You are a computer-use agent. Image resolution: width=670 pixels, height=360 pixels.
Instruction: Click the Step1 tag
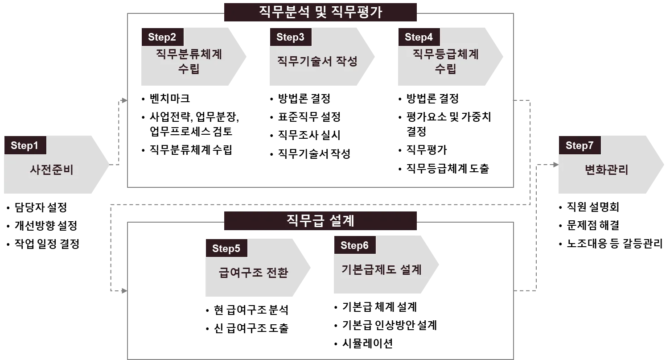coord(25,145)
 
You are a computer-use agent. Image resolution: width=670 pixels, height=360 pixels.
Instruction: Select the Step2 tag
coord(162,37)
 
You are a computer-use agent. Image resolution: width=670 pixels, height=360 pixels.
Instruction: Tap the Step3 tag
coord(290,37)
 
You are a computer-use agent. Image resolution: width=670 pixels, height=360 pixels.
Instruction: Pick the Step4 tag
coord(419,37)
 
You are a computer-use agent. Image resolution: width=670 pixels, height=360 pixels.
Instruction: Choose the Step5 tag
coord(226,248)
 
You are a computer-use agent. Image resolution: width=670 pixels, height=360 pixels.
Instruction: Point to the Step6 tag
coord(354,245)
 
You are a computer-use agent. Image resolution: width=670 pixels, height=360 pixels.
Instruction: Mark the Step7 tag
coord(580,145)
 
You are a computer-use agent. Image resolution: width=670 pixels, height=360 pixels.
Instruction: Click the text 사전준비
coord(52,170)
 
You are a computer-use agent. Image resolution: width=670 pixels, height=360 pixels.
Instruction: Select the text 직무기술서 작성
coord(317,61)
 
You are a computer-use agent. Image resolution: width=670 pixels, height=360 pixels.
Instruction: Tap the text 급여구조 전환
coord(253,273)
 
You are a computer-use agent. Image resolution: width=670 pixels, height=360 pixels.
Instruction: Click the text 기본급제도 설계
coord(382,269)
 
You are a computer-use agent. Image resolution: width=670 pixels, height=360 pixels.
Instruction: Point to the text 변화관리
coord(606,170)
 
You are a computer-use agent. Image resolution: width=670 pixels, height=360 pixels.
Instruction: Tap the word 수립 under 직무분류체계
coord(189,69)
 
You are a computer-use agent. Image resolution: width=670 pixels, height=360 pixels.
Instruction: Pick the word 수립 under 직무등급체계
coord(446,69)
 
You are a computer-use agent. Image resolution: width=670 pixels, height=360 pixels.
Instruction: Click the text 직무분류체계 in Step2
coord(189,54)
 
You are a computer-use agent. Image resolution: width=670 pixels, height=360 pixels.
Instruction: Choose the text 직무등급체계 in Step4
coord(446,54)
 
